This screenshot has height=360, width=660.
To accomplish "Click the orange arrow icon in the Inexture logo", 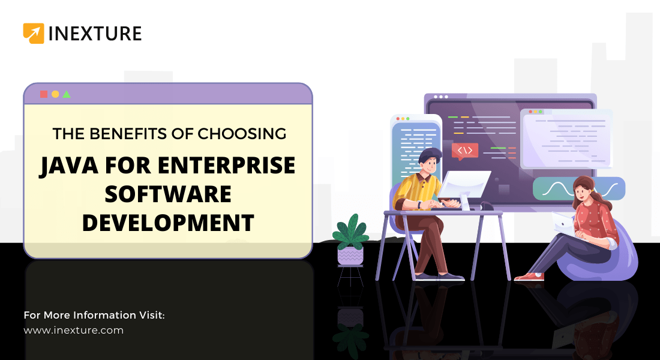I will pyautogui.click(x=34, y=33).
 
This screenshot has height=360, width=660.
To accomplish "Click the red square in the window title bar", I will pyautogui.click(x=44, y=94).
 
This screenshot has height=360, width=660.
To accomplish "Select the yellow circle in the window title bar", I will pyautogui.click(x=55, y=94).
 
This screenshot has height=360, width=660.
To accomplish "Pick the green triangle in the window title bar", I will pyautogui.click(x=67, y=94).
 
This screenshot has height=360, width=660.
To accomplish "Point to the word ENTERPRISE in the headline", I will pyautogui.click(x=223, y=166).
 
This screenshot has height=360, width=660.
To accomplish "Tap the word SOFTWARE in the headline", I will pyautogui.click(x=168, y=194).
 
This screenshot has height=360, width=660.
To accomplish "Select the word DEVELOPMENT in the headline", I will pyautogui.click(x=168, y=222).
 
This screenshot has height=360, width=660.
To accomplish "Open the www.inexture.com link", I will pyautogui.click(x=73, y=330).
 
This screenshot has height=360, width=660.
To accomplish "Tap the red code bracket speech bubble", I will pyautogui.click(x=464, y=151).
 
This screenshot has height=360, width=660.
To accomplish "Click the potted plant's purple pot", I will pyautogui.click(x=350, y=256).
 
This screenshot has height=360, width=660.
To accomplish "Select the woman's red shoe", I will pyautogui.click(x=528, y=277).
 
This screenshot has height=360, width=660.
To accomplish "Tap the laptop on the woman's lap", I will pyautogui.click(x=563, y=223).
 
